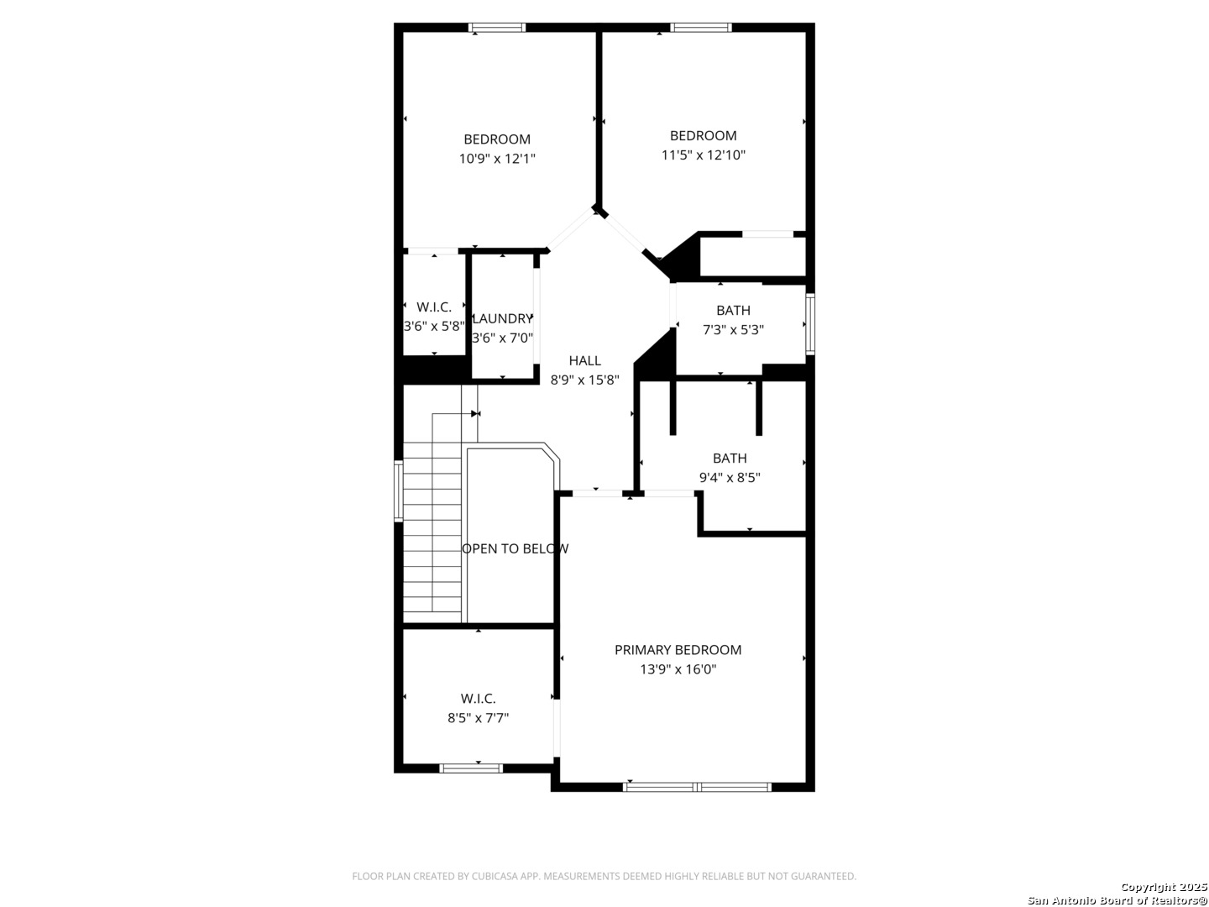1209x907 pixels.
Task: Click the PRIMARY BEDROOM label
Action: pyautogui.click(x=678, y=650)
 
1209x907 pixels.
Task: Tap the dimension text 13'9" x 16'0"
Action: pyautogui.click(x=678, y=669)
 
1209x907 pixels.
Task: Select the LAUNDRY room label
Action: pyautogui.click(x=502, y=318)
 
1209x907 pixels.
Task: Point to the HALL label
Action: pyautogui.click(x=584, y=360)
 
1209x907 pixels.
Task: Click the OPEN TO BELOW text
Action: pyautogui.click(x=515, y=548)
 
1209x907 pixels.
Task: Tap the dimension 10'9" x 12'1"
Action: pyautogui.click(x=497, y=159)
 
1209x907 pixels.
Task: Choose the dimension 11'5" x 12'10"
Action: pyautogui.click(x=703, y=155)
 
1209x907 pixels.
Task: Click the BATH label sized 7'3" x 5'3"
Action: pyautogui.click(x=733, y=310)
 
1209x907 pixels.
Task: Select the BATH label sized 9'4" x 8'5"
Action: pyautogui.click(x=730, y=458)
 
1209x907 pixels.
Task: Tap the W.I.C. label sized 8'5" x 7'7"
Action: pyautogui.click(x=478, y=698)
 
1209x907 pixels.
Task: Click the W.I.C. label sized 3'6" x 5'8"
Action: pyautogui.click(x=434, y=307)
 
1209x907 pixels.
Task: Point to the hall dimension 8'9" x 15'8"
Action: pyautogui.click(x=584, y=380)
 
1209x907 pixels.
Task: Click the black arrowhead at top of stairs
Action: pyautogui.click(x=475, y=413)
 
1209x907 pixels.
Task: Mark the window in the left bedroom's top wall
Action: pyautogui.click(x=497, y=28)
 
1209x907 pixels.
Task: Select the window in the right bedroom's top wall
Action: pyautogui.click(x=700, y=28)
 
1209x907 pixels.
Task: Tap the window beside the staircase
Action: pyautogui.click(x=399, y=491)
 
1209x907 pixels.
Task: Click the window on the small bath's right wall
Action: pyautogui.click(x=810, y=324)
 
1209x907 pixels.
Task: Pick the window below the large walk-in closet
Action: pyautogui.click(x=471, y=768)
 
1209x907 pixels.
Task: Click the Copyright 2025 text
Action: pyautogui.click(x=1164, y=887)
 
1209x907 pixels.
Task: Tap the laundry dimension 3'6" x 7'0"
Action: pyautogui.click(x=502, y=338)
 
